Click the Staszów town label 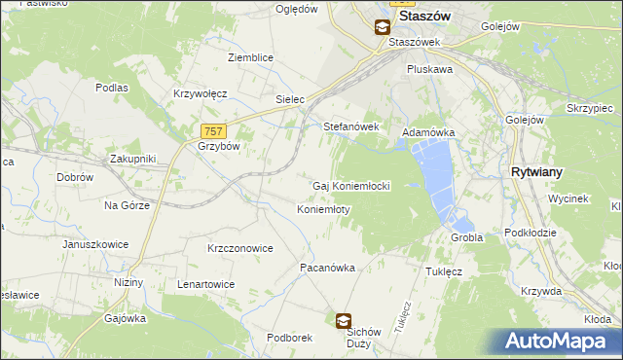429,18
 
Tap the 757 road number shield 215,131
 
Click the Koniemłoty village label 323,209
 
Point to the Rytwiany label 536,171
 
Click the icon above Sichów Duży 344,320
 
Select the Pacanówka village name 327,267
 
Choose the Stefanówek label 350,126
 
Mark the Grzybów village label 218,146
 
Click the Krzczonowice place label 239,248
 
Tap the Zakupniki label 132,158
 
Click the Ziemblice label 250,57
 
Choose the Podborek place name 289,338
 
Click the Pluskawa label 429,70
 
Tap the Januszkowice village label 94,244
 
